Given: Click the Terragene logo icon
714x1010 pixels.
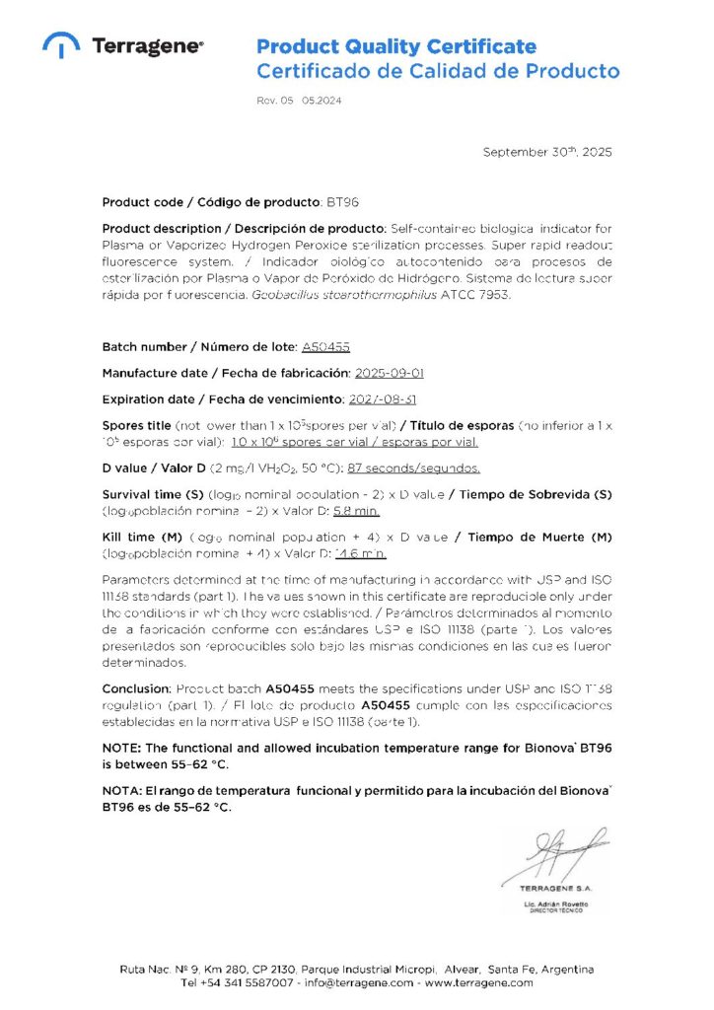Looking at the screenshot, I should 61,45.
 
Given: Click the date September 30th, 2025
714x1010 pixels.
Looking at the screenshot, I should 546,152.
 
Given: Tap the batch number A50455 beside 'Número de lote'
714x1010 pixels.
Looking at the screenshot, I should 325,347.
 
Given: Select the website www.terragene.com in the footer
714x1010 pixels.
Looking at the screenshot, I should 478,982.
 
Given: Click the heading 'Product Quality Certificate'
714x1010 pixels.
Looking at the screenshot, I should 396,46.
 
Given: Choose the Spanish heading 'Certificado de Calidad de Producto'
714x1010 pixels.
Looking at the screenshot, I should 438,71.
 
